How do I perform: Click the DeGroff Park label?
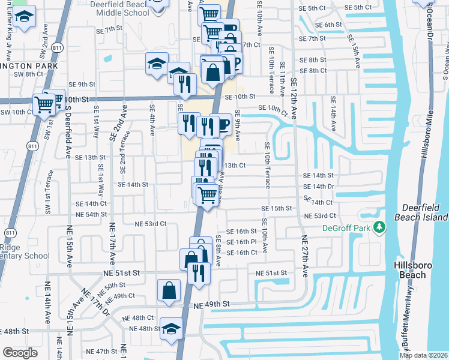pos(348,227)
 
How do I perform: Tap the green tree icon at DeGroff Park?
pos(379,227)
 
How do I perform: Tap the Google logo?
pos(20,353)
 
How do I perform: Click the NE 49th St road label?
pos(212,305)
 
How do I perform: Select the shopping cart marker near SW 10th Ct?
pos(44,103)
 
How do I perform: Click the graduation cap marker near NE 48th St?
pos(171,328)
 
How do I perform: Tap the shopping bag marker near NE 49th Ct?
pos(169,290)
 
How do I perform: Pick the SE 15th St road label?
pos(276,208)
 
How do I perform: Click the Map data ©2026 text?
pos(423,355)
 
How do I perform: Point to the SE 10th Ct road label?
pos(273,109)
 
